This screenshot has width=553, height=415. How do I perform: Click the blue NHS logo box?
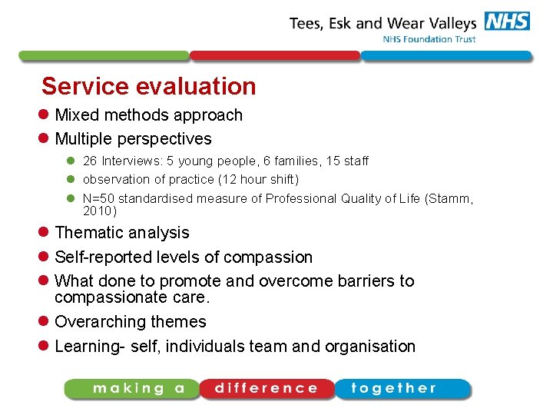tap(507, 21)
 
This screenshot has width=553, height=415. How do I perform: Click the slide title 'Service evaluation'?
tap(148, 86)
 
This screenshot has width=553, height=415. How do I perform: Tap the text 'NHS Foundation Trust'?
tap(429, 39)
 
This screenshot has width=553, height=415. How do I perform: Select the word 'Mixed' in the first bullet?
tap(78, 115)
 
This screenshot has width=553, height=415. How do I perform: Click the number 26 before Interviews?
tap(90, 161)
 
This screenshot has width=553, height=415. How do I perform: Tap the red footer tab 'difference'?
tap(266, 388)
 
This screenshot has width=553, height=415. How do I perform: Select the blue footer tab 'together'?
tap(400, 388)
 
